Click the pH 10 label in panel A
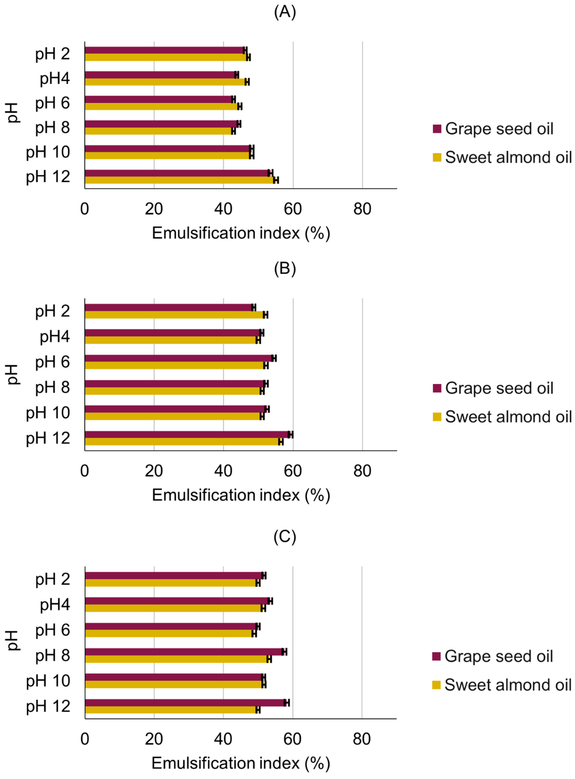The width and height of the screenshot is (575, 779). [x=48, y=152]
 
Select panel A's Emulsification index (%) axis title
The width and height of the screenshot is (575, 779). [x=241, y=233]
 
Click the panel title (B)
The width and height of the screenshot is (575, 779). [x=285, y=269]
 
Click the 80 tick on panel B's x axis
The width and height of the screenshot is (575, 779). [x=362, y=471]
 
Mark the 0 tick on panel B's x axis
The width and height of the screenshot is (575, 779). [x=85, y=471]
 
